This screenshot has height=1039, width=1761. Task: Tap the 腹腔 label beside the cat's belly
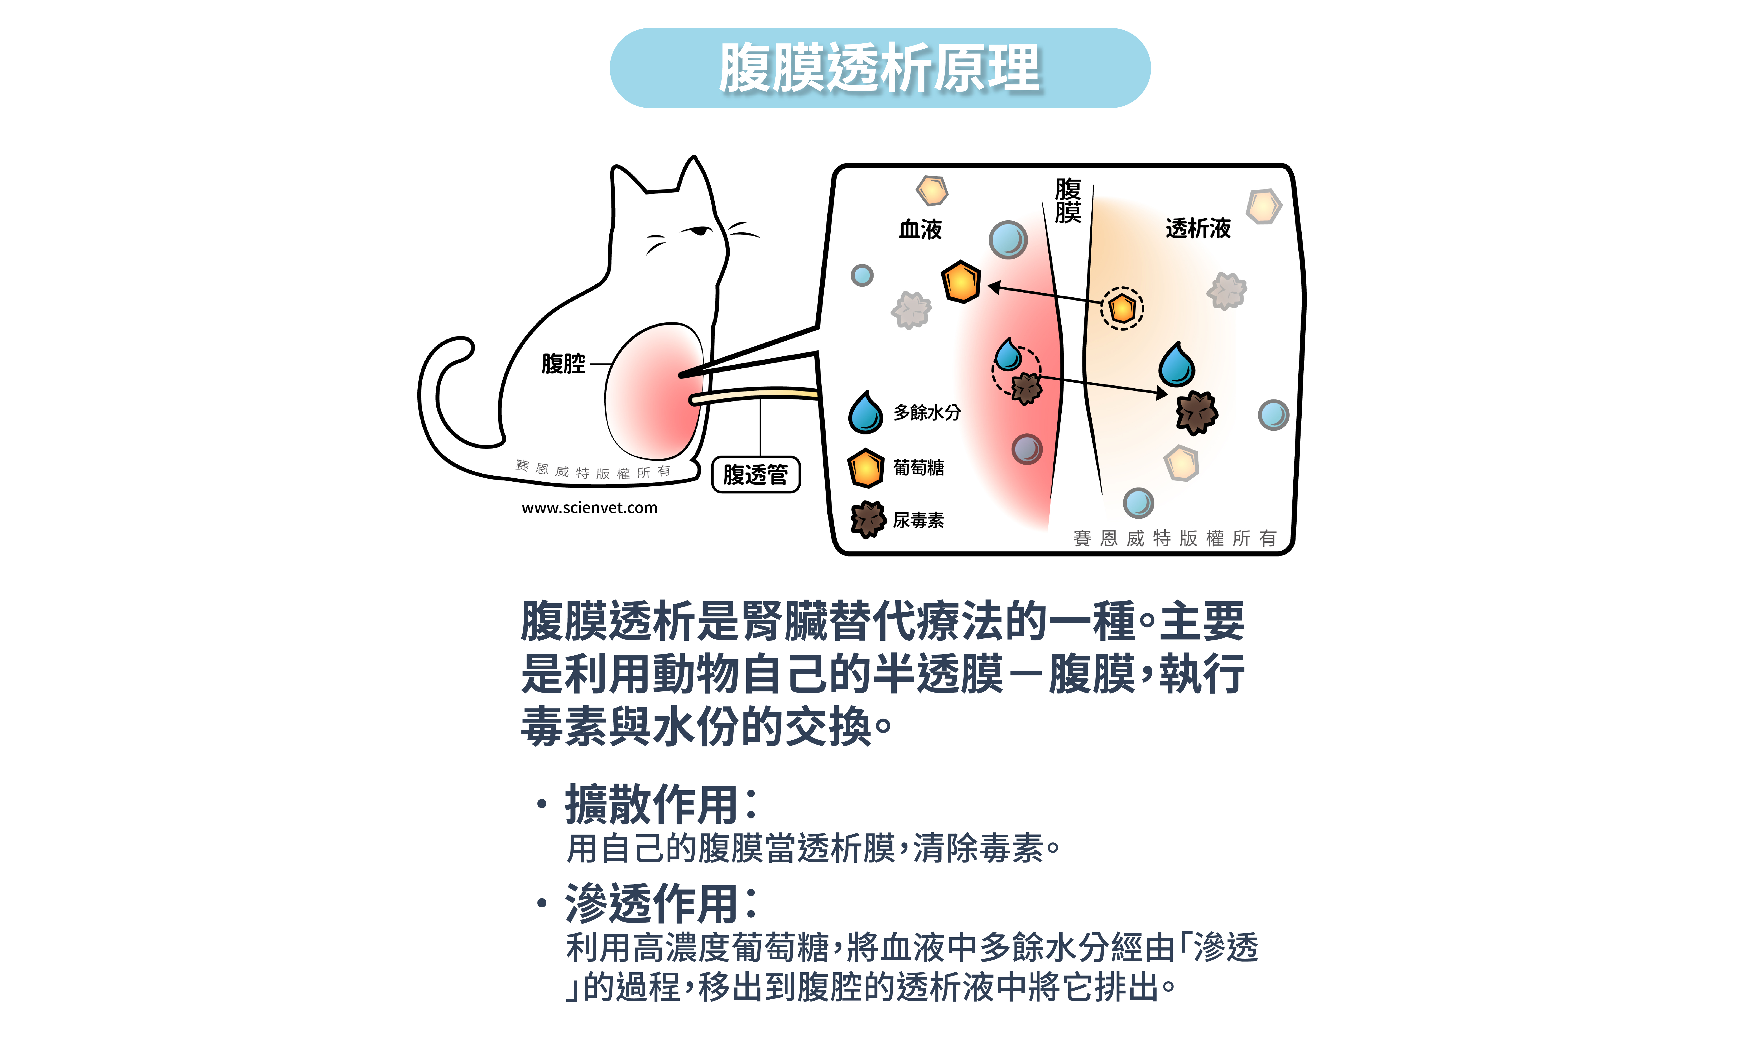click(563, 363)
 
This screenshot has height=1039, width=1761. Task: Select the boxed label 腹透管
click(756, 475)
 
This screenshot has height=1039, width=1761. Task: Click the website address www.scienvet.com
click(590, 508)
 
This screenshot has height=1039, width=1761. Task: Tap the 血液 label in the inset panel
click(920, 229)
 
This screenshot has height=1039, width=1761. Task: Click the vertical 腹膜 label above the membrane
click(1068, 200)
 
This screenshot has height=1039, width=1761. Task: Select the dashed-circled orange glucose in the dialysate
click(1122, 308)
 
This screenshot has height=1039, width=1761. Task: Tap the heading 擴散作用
click(651, 804)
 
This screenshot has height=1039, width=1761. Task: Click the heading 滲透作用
click(651, 903)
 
